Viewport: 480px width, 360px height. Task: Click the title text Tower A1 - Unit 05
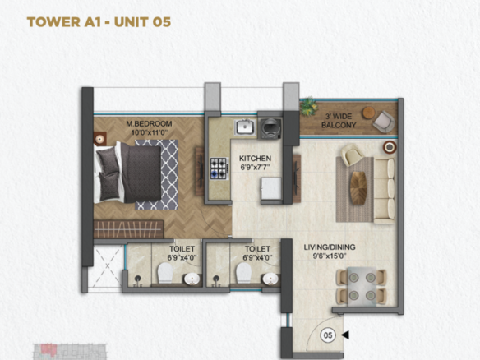[99, 22]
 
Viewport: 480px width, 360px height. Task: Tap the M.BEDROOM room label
[149, 123]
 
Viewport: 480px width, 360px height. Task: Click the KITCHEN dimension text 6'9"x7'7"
[256, 168]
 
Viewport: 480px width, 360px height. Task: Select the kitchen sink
[244, 127]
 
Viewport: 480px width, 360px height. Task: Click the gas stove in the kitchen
[219, 168]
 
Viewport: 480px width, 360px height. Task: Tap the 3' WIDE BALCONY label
[339, 121]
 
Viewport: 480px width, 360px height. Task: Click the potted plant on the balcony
[308, 106]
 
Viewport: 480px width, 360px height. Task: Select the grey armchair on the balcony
[383, 122]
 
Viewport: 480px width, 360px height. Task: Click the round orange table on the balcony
[368, 113]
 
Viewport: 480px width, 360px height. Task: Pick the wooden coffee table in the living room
[358, 187]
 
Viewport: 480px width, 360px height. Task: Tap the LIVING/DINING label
[330, 247]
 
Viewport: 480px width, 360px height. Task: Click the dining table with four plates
[362, 287]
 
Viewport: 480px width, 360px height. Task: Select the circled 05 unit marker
[328, 335]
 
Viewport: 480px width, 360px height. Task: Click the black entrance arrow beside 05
[345, 335]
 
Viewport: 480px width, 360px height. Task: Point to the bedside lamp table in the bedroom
[99, 139]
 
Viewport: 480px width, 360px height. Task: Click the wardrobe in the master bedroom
[128, 229]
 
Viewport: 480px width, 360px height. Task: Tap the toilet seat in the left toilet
[165, 273]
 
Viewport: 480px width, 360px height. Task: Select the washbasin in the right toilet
[270, 279]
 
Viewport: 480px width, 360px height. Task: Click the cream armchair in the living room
[353, 155]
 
